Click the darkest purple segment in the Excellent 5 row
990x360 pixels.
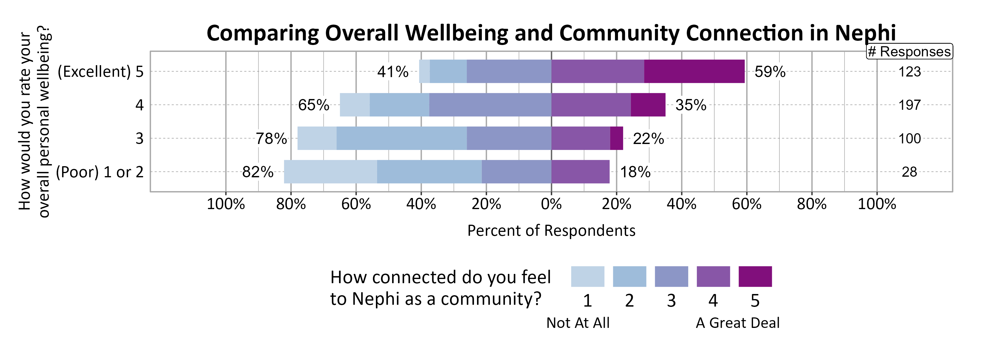coord(694,71)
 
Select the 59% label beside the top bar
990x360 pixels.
coord(770,72)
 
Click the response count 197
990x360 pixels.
coord(909,105)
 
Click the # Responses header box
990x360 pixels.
coord(909,52)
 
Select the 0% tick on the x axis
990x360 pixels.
coord(551,204)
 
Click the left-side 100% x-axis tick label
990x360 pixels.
coord(226,204)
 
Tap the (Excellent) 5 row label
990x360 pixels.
coord(100,72)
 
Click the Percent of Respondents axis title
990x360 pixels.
coord(551,230)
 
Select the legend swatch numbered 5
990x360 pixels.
coord(755,276)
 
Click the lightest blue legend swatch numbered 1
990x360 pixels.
coord(587,276)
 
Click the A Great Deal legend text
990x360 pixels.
coord(737,323)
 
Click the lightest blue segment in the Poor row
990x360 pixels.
coord(331,172)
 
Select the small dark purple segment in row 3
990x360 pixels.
coord(616,138)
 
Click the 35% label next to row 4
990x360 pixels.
coord(691,105)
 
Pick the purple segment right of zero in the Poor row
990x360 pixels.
coord(580,172)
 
